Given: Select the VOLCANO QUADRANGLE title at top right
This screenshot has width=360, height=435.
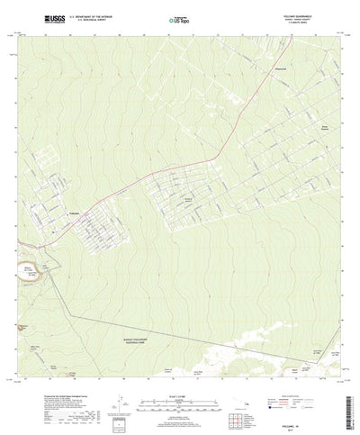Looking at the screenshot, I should click(x=298, y=14).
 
